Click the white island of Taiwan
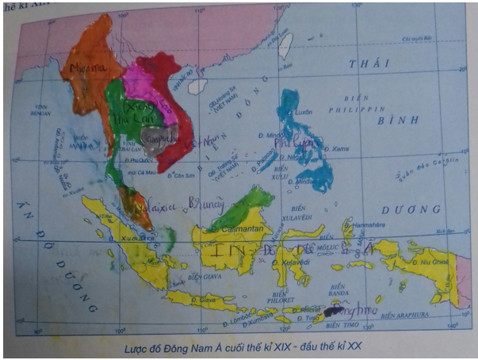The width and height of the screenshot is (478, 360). pyautogui.click(x=287, y=45)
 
